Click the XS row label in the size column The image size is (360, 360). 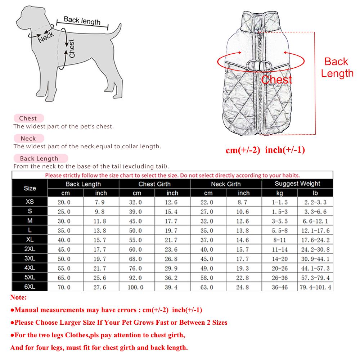click(30, 202)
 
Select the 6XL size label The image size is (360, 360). click(30, 287)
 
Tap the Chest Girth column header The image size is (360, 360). click(154, 184)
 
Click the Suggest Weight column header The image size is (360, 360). click(297, 184)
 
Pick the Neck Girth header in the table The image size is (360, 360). click(226, 184)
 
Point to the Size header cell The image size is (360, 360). click(30, 188)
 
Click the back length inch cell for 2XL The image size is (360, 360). click(101, 249)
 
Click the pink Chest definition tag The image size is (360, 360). click(28, 118)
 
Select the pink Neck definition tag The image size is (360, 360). click(28, 138)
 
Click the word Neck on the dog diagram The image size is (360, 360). click(46, 36)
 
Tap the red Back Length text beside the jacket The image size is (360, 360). click(337, 67)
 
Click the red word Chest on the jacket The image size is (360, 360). click(276, 79)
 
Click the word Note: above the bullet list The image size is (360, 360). click(18, 298)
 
